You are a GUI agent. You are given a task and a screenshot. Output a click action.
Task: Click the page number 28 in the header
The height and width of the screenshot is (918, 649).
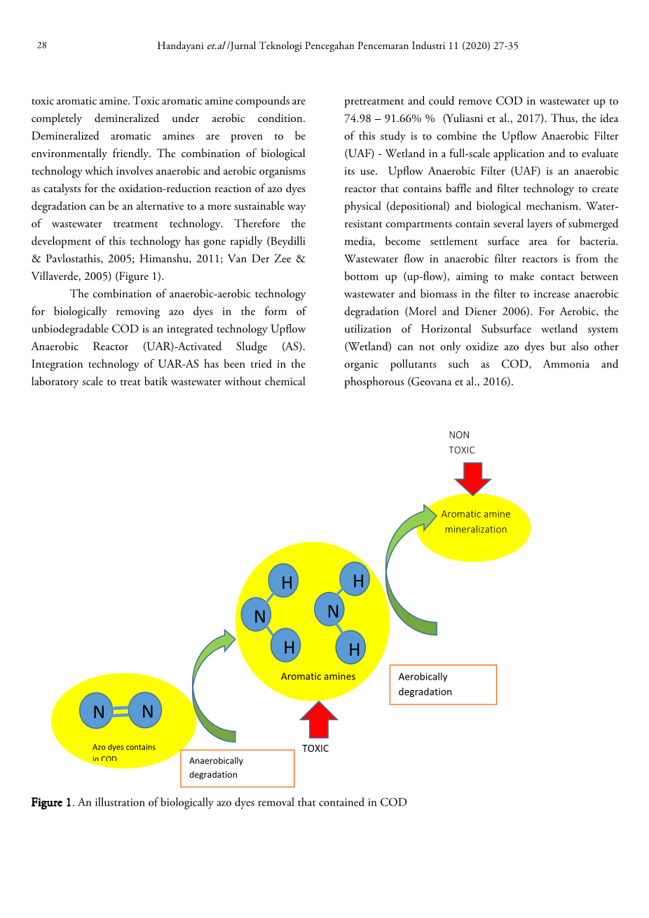click(42, 46)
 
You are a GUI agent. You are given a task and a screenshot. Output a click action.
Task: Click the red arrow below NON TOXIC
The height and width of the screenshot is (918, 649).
click(473, 478)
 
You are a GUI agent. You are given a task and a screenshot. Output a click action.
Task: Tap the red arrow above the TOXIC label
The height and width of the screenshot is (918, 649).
click(319, 720)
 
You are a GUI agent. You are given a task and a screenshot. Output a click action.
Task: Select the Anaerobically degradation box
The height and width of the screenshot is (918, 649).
click(237, 768)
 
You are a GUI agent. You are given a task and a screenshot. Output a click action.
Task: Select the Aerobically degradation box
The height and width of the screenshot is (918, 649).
click(443, 684)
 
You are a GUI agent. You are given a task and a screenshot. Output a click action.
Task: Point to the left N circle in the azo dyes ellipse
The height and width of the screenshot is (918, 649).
click(99, 712)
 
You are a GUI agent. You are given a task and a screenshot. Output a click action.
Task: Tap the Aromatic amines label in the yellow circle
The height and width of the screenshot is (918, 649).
click(318, 677)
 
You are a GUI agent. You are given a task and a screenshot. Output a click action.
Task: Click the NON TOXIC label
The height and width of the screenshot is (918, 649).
click(462, 443)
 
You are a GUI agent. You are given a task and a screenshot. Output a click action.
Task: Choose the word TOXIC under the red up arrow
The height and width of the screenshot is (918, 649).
click(315, 748)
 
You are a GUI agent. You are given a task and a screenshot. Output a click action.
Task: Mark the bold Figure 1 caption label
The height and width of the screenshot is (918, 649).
click(51, 802)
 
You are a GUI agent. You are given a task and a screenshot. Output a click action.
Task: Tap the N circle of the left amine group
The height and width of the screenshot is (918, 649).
click(259, 616)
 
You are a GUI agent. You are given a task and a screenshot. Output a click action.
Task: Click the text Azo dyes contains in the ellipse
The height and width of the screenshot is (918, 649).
click(124, 747)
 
